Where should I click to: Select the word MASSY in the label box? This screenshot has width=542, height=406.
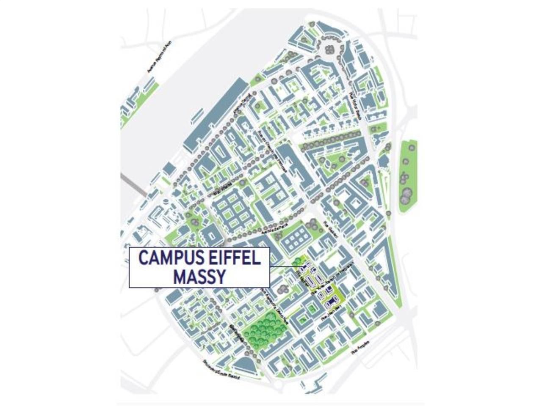coord(199,277)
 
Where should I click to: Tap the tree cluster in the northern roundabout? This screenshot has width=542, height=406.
coord(330,47)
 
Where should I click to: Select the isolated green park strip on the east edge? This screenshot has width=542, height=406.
coord(407,177)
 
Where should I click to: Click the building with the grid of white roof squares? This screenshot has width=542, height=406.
coord(297,239)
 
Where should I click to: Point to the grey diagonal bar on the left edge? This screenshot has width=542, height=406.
coord(133,184)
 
